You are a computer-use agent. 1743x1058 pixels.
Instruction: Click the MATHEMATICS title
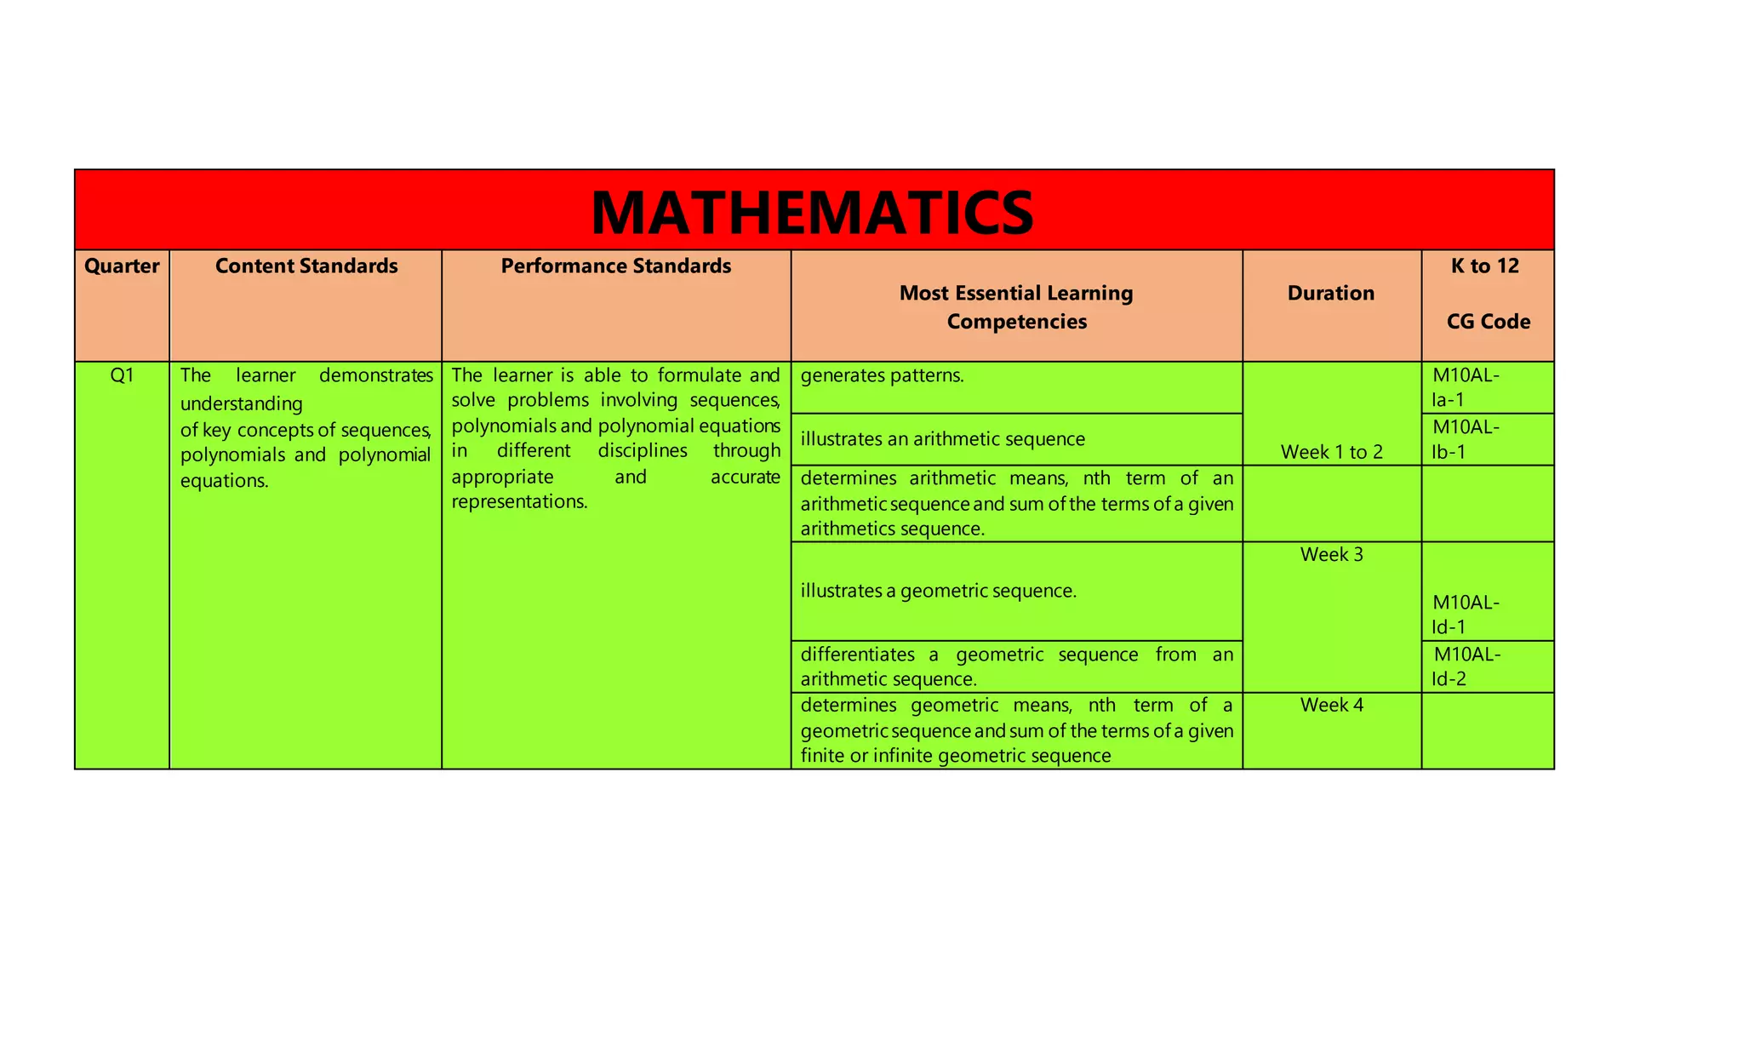(813, 211)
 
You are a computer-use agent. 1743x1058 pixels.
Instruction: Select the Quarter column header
(122, 266)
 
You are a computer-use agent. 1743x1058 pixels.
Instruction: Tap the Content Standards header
(306, 266)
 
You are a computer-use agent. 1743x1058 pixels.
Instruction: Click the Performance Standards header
(615, 266)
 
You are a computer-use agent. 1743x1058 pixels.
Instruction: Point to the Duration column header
(1330, 294)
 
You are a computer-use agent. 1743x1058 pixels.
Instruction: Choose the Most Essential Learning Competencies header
(1016, 307)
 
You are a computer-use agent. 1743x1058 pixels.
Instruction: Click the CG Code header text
(1488, 322)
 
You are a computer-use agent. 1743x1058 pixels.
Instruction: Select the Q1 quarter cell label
(122, 375)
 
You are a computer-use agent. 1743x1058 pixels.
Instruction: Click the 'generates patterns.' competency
(882, 375)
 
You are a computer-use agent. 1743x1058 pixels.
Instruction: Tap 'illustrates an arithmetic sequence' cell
(942, 439)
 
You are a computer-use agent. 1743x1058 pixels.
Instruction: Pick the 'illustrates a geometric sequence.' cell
(938, 591)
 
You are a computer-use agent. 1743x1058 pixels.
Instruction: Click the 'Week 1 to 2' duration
(1331, 452)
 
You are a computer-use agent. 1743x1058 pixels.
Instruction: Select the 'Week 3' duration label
(1331, 555)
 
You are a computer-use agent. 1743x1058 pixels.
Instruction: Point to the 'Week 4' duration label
(1331, 705)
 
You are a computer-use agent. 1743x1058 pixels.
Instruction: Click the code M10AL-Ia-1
(1465, 387)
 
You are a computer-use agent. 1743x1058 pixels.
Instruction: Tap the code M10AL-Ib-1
(1465, 439)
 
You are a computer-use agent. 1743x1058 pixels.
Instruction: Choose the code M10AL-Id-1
(1465, 615)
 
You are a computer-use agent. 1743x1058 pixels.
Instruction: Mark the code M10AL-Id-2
(1466, 666)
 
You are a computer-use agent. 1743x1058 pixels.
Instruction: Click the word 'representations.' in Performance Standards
(519, 501)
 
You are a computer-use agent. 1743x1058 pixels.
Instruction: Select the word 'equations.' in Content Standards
(224, 481)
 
